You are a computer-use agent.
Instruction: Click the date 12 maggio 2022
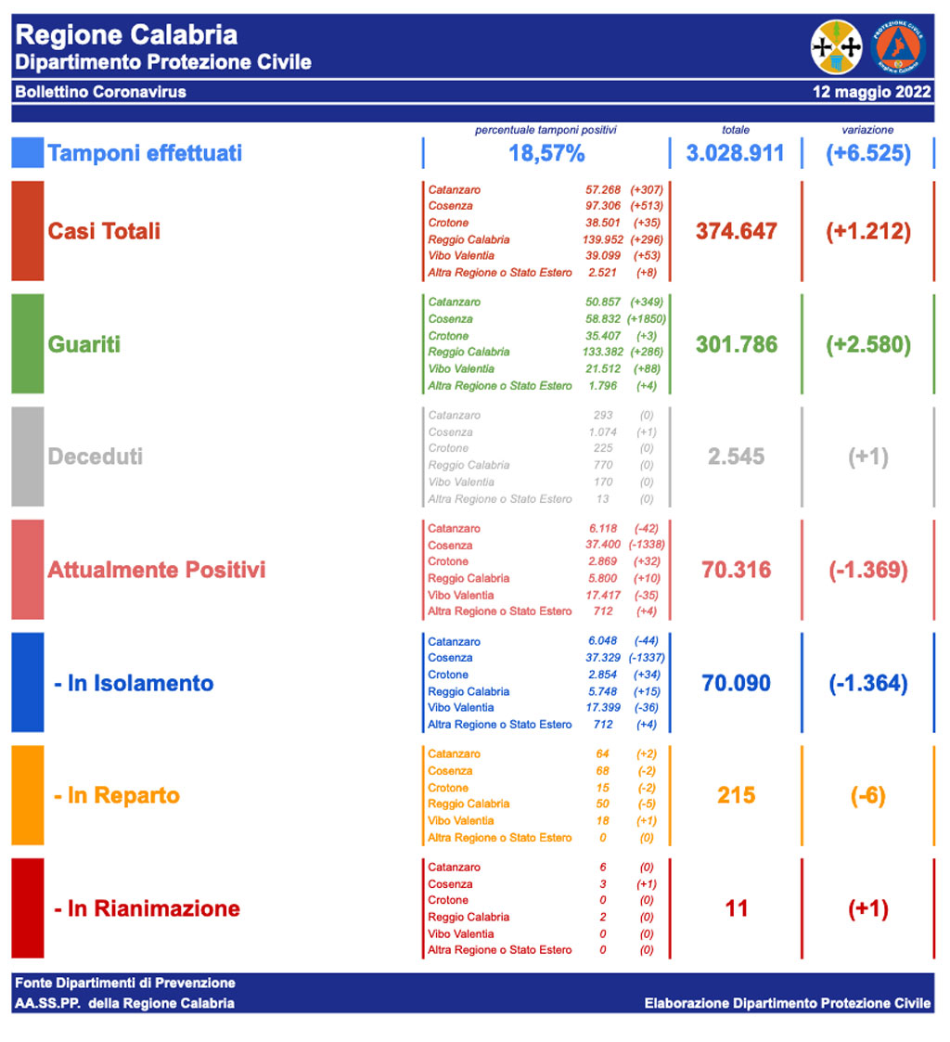(871, 92)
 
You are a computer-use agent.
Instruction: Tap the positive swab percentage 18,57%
(546, 153)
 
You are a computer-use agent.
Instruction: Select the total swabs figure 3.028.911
(735, 153)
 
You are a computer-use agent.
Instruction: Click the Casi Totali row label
(104, 231)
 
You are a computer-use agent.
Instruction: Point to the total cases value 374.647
(736, 231)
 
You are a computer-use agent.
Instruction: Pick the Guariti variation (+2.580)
(867, 344)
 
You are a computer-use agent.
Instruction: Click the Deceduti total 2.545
(736, 457)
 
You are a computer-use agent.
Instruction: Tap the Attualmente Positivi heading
(157, 570)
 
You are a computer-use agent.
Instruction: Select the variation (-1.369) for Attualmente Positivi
(867, 570)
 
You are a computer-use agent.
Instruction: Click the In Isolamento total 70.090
(736, 683)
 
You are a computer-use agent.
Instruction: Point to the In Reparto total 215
(736, 795)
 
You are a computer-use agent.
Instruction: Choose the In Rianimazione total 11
(736, 908)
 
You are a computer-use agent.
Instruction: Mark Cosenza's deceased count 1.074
(602, 431)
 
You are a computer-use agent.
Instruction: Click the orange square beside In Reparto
(27, 795)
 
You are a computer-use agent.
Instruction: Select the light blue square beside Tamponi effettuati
(27, 152)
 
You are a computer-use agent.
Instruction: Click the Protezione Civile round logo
(898, 47)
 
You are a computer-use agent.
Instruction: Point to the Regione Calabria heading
(127, 35)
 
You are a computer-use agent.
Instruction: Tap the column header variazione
(868, 130)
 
